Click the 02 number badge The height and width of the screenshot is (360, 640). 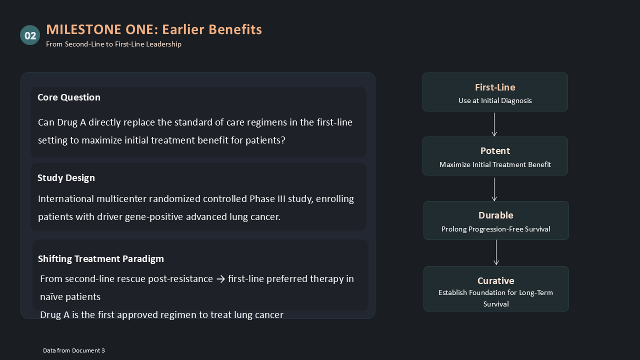[x=30, y=35]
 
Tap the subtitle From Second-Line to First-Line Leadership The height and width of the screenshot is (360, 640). [x=113, y=44]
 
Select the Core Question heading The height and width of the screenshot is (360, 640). [x=69, y=97]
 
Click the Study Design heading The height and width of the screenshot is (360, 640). [x=66, y=178]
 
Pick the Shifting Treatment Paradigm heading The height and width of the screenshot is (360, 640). [x=101, y=259]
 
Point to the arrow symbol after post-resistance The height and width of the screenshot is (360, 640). [x=220, y=279]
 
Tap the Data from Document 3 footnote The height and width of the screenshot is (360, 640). [x=74, y=350]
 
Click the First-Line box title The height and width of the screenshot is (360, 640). [x=495, y=87]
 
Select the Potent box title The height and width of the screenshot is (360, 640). [x=495, y=151]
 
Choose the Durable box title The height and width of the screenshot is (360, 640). [x=495, y=215]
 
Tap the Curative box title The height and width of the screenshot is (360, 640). [x=495, y=281]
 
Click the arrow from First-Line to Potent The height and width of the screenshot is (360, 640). [x=494, y=124]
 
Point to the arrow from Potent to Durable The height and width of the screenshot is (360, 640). [x=494, y=189]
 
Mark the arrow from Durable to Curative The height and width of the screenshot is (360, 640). [x=496, y=252]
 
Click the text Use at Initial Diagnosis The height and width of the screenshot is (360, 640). [x=495, y=100]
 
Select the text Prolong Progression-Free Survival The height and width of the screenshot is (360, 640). [x=495, y=229]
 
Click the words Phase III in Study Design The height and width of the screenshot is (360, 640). [x=267, y=199]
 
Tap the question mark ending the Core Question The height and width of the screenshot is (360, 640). [x=283, y=140]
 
